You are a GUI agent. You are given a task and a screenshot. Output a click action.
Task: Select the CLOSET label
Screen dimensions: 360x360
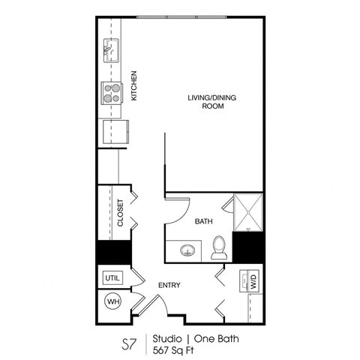pyautogui.click(x=120, y=214)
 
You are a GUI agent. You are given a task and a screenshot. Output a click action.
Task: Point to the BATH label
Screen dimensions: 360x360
pyautogui.click(x=203, y=222)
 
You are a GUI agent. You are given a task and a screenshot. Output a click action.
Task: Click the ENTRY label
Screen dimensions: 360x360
pyautogui.click(x=167, y=286)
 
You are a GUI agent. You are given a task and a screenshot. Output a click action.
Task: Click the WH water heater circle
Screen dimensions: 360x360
pyautogui.click(x=112, y=301)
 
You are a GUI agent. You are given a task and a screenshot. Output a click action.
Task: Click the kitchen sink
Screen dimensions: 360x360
pyautogui.click(x=111, y=52)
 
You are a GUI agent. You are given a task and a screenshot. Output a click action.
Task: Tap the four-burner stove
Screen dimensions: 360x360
pyautogui.click(x=112, y=92)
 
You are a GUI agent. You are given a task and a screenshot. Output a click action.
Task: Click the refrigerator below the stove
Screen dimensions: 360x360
pyautogui.click(x=116, y=132)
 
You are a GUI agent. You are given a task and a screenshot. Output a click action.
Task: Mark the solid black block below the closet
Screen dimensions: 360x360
pyautogui.click(x=112, y=253)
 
